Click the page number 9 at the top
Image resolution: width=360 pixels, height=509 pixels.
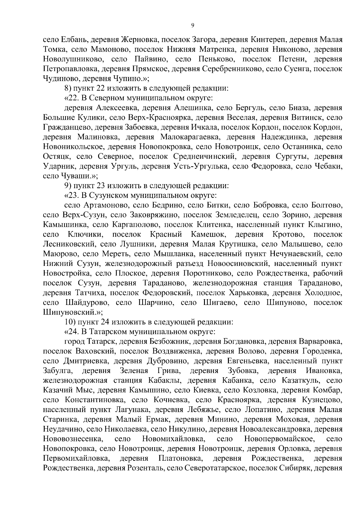[x=192, y=26]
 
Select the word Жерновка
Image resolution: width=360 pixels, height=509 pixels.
[x=137, y=40]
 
